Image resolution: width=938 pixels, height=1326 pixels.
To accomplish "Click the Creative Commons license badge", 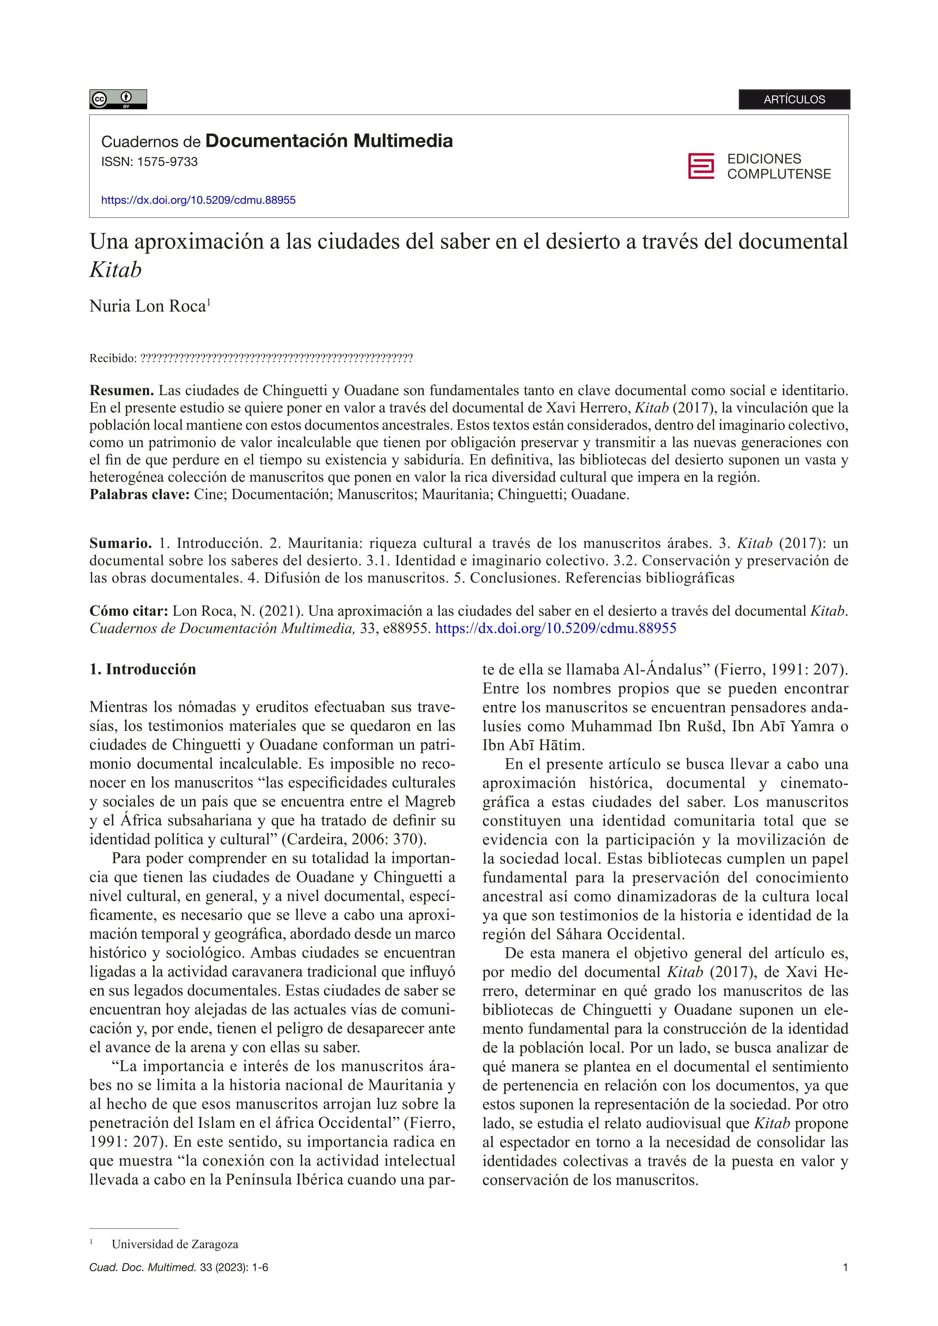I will [x=118, y=99].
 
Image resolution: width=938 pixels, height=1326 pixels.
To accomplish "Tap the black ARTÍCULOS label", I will [x=794, y=99].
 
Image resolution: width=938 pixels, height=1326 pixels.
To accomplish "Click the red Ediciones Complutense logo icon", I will [x=700, y=166].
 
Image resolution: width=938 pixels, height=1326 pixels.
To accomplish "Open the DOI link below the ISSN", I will [x=198, y=200].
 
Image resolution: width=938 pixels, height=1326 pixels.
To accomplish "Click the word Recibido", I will [x=112, y=359].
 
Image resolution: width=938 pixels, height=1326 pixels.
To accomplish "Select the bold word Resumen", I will [x=121, y=391].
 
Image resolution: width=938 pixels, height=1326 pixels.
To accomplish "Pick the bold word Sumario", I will [x=120, y=543].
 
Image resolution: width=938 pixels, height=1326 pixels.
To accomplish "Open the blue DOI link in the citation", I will [x=556, y=628].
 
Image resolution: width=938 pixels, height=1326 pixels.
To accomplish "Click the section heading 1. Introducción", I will [x=143, y=669].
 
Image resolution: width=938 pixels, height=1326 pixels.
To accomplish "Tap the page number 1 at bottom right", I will [x=846, y=1268].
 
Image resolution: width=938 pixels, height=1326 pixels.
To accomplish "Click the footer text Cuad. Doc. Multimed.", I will [x=142, y=1268].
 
